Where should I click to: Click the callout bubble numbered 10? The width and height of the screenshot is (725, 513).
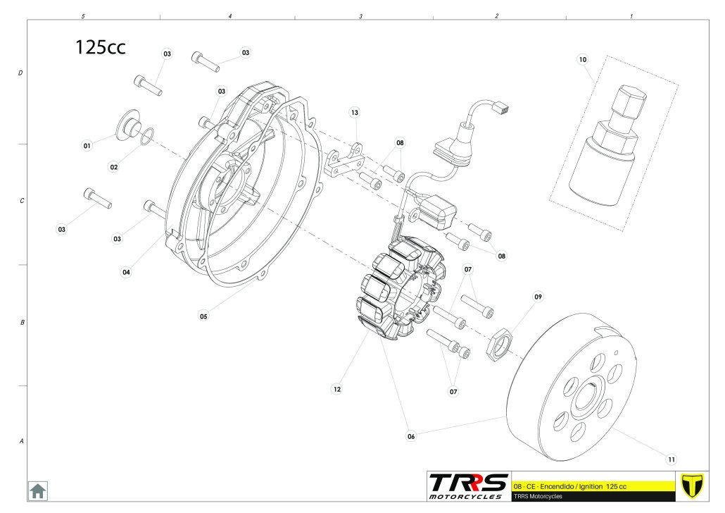click(x=582, y=60)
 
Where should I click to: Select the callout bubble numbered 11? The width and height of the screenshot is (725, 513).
click(x=671, y=459)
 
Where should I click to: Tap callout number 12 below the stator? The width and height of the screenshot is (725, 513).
click(x=337, y=388)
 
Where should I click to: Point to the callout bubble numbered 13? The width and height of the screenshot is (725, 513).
click(x=355, y=113)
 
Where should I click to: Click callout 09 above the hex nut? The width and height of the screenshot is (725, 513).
click(x=538, y=297)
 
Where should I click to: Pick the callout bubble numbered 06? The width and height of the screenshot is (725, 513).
click(x=411, y=436)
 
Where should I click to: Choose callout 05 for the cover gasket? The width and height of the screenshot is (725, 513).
click(x=203, y=316)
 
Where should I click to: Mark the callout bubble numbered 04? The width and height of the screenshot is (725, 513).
click(x=126, y=272)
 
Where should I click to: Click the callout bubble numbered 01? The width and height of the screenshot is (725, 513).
click(x=87, y=146)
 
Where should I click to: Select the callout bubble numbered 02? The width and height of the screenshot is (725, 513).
click(x=113, y=167)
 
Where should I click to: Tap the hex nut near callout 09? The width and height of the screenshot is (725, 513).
click(x=498, y=343)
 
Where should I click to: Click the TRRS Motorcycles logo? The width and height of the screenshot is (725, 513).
click(x=468, y=486)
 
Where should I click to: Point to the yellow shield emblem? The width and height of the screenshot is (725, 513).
click(x=693, y=486)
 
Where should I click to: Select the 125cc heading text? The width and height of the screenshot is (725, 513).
click(x=101, y=47)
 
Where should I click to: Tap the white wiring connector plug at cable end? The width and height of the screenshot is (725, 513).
click(x=501, y=108)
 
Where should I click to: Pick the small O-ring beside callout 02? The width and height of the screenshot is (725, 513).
click(x=144, y=135)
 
